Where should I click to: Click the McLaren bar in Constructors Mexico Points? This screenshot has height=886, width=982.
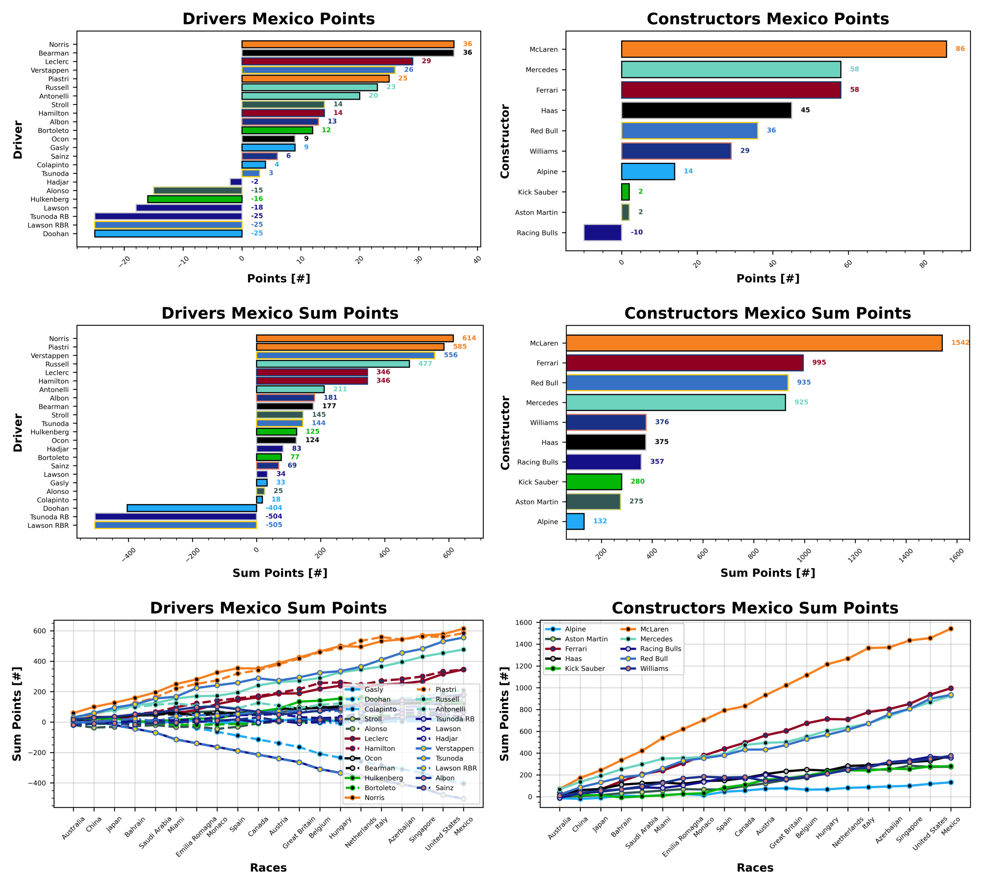pyautogui.click(x=783, y=49)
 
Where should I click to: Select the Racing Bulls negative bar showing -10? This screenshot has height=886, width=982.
pyautogui.click(x=602, y=233)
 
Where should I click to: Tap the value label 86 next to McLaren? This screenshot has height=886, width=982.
pyautogui.click(x=960, y=49)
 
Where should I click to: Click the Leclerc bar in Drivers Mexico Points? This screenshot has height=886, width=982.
pyautogui.click(x=327, y=61)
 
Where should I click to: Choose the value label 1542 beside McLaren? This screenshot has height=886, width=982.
pyautogui.click(x=960, y=343)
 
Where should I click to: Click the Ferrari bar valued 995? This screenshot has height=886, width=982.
pyautogui.click(x=685, y=363)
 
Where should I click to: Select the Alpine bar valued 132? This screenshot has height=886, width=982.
pyautogui.click(x=575, y=521)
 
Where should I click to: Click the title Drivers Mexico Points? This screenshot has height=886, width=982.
pyautogui.click(x=278, y=19)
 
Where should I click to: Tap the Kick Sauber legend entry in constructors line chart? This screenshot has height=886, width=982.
pyautogui.click(x=584, y=668)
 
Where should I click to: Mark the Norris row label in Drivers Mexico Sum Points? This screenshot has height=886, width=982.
pyautogui.click(x=59, y=339)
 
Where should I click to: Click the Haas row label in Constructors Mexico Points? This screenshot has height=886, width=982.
pyautogui.click(x=549, y=111)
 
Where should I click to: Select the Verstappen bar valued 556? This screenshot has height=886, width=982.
pyautogui.click(x=345, y=355)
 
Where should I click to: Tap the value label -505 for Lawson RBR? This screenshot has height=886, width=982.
pyautogui.click(x=273, y=525)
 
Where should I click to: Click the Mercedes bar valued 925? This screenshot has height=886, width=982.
pyautogui.click(x=675, y=403)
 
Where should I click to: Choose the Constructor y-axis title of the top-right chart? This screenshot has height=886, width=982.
pyautogui.click(x=505, y=141)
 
